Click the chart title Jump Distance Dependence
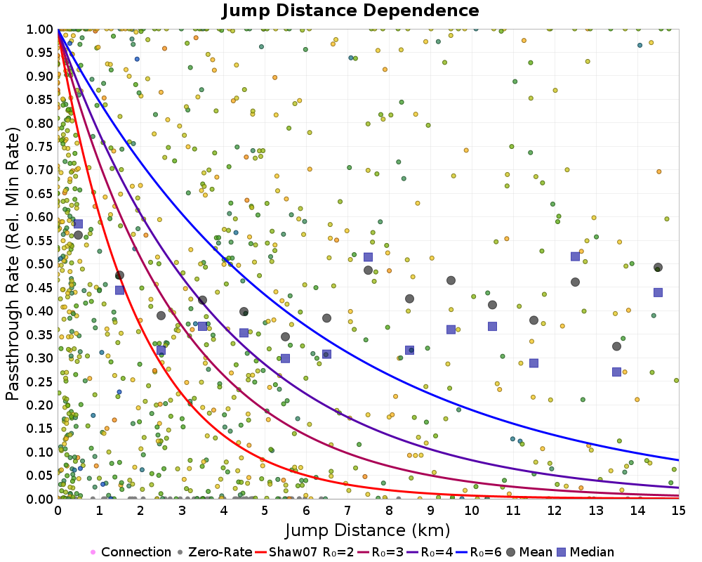pyautogui.click(x=350, y=11)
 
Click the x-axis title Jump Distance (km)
pyautogui.click(x=368, y=530)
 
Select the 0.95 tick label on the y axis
pyautogui.click(x=40, y=53)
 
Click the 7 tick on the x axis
pyautogui.click(x=347, y=511)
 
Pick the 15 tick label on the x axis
pyautogui.click(x=679, y=511)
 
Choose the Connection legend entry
pyautogui.click(x=131, y=551)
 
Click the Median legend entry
pyautogui.click(x=586, y=551)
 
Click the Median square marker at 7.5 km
pyautogui.click(x=368, y=257)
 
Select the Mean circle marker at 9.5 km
pyautogui.click(x=451, y=280)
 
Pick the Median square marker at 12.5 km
pyautogui.click(x=576, y=256)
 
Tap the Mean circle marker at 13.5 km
pyautogui.click(x=616, y=346)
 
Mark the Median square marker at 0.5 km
pyautogui.click(x=79, y=223)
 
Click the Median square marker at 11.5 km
pyautogui.click(x=534, y=363)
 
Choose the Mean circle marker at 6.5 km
pyautogui.click(x=327, y=318)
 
